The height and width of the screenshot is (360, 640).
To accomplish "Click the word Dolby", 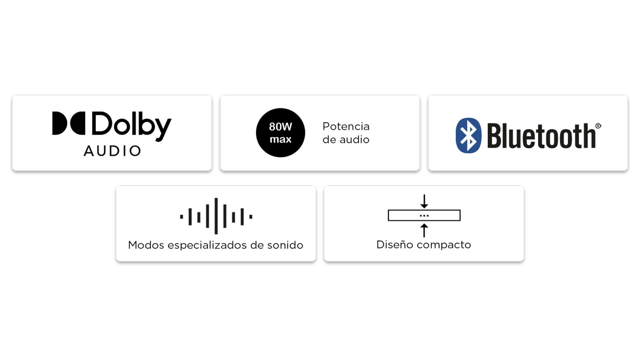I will click(x=131, y=125).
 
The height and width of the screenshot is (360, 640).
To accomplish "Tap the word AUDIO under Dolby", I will click(x=112, y=151).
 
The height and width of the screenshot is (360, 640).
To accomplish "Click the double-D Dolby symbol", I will click(x=69, y=123).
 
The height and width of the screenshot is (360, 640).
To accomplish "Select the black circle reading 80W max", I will click(x=280, y=133).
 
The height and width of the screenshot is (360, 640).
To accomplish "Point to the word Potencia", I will click(x=346, y=126).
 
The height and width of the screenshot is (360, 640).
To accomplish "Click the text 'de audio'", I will click(x=346, y=140).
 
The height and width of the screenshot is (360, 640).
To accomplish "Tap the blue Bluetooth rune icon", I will click(x=468, y=135).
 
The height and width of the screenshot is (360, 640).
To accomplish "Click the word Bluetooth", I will click(x=541, y=136).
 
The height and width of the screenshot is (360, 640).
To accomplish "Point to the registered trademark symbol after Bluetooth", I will click(x=598, y=126).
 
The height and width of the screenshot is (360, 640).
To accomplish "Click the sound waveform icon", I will click(x=216, y=216).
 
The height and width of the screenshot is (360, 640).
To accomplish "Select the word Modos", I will click(x=146, y=245).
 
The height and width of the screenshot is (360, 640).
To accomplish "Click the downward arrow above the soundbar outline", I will click(x=424, y=201).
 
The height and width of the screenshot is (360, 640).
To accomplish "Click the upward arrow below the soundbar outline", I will click(x=424, y=230).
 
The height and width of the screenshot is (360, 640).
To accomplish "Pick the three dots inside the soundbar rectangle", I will click(x=424, y=216).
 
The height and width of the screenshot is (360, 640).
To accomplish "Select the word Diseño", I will click(x=395, y=244).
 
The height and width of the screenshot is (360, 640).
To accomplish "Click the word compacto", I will click(x=444, y=245).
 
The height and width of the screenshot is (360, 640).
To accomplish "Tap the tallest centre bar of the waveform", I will click(x=216, y=216).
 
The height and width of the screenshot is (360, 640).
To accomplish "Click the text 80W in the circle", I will click(x=280, y=127).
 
